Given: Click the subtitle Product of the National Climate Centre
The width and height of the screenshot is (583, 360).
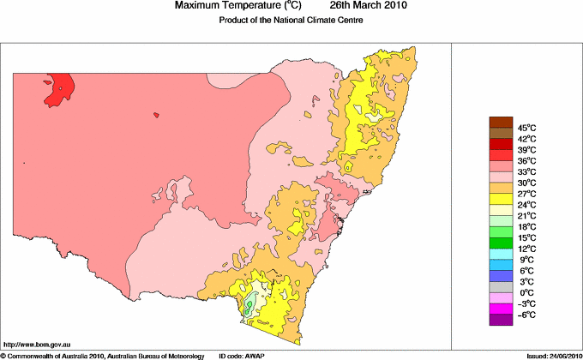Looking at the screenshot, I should pyautogui.click(x=291, y=20).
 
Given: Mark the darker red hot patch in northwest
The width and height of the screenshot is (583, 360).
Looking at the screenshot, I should pyautogui.click(x=58, y=89).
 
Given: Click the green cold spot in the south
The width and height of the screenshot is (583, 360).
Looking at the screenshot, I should pyautogui.click(x=249, y=305).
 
